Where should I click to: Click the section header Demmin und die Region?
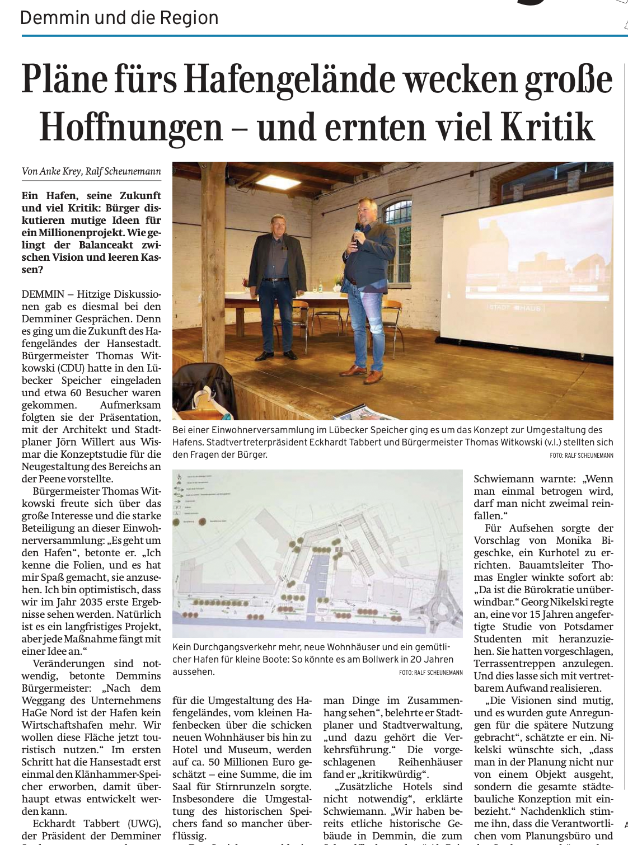click(119, 18)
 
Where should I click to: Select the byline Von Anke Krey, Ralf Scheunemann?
click(91, 171)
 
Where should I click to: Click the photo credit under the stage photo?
click(581, 456)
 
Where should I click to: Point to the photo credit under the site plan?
click(430, 672)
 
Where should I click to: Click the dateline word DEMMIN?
click(43, 294)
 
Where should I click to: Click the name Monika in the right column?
click(573, 541)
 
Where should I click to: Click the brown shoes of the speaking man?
click(364, 370)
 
